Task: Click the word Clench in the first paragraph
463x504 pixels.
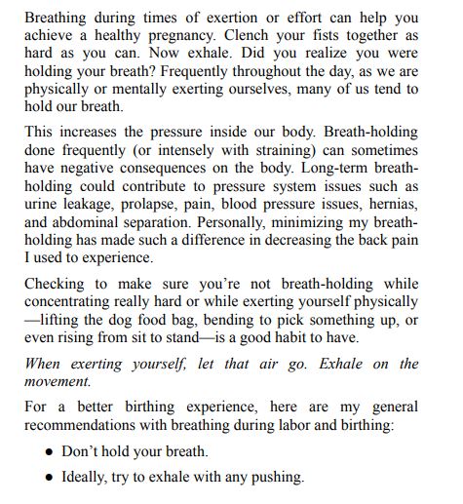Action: (265, 34)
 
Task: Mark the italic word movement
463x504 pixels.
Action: (58, 381)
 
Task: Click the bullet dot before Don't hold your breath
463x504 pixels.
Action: (49, 454)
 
